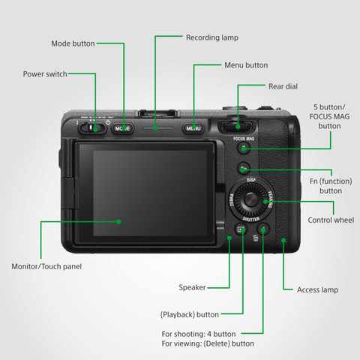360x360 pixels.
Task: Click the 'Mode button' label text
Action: point(73,43)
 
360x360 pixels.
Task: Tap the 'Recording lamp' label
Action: point(212,36)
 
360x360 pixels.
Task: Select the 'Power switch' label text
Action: point(45,74)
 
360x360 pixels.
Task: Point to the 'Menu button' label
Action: point(246,65)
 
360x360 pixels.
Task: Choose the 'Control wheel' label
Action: point(331,220)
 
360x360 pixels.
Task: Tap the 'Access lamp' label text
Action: point(317,289)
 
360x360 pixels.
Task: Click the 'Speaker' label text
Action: point(192,287)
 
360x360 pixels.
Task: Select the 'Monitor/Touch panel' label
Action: point(46,266)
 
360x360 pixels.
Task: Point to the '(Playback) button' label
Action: point(190,314)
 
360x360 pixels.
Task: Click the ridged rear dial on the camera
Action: point(235,124)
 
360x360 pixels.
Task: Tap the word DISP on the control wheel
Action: point(251,181)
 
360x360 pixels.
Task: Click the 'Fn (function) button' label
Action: point(325,185)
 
